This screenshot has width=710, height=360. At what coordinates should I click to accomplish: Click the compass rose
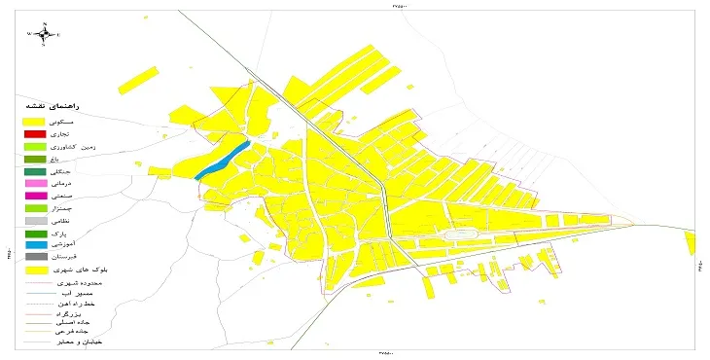tap(44, 33)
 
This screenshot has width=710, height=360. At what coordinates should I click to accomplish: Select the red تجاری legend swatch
tap(35, 132)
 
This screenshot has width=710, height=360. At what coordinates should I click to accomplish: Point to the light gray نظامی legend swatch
tap(35, 221)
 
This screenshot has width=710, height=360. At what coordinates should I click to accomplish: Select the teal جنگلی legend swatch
tap(35, 171)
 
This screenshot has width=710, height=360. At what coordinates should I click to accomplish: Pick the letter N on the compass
tap(44, 22)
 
